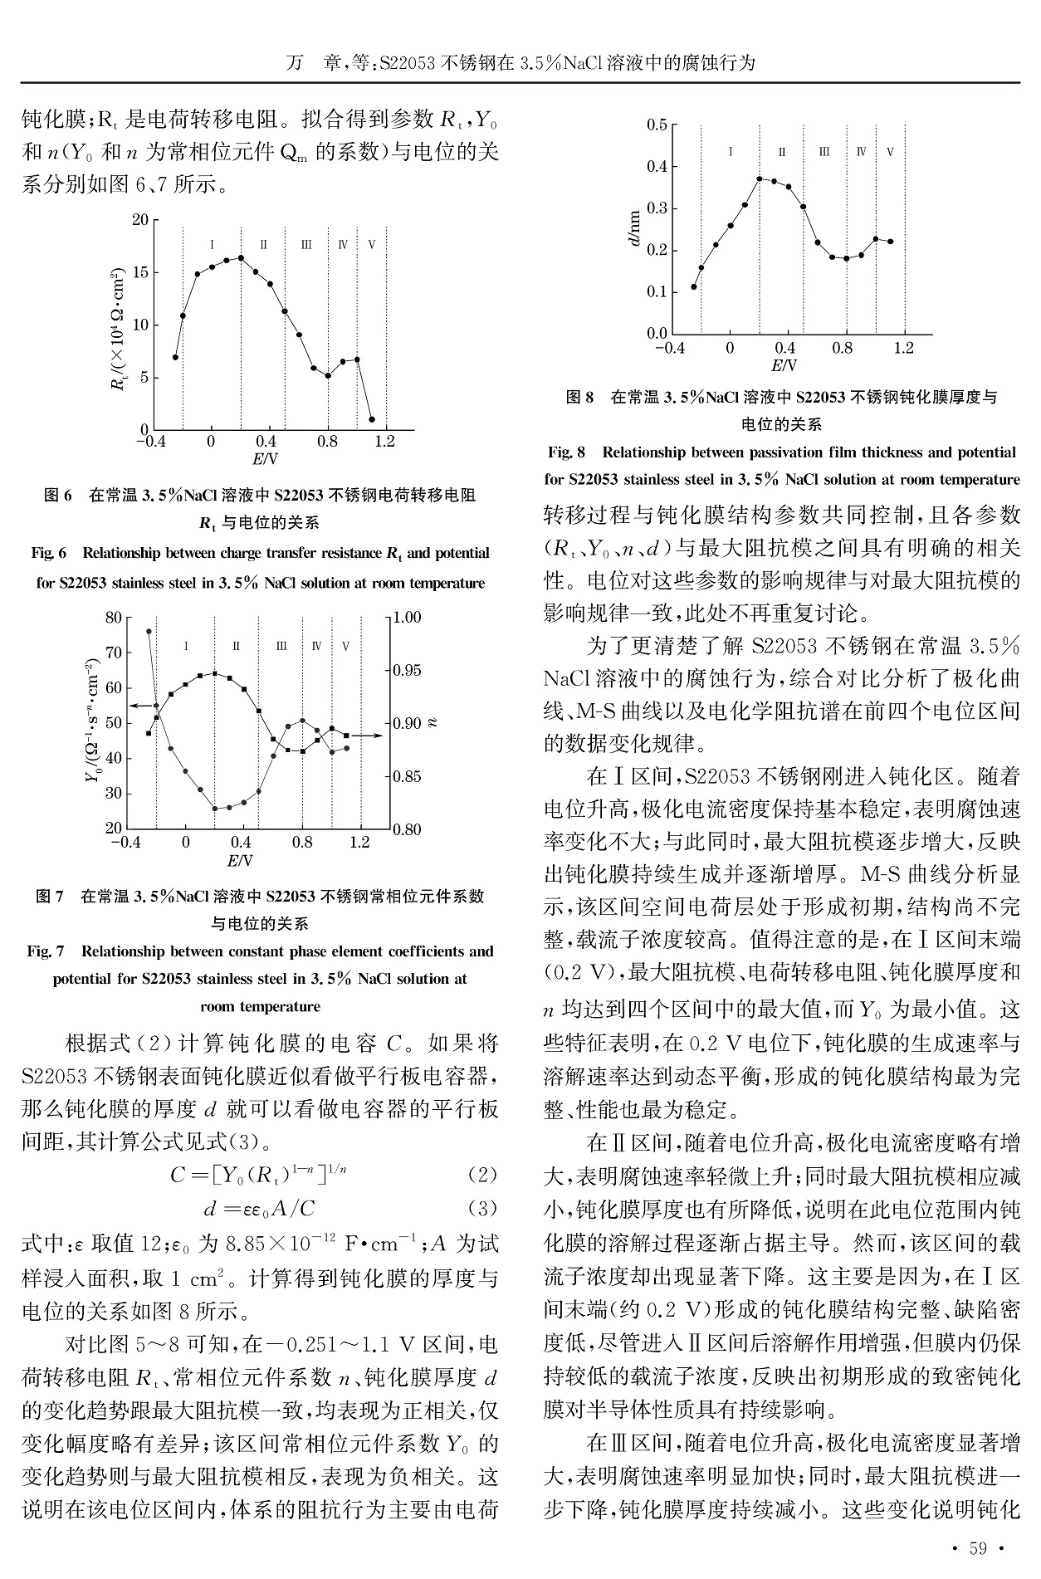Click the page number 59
point(979,1547)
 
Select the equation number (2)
point(481,1175)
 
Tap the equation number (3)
point(481,1208)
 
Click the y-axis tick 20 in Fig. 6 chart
point(139,220)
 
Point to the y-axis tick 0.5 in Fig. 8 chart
point(657,125)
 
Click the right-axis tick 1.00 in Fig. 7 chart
point(407,618)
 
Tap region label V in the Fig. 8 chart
point(890,153)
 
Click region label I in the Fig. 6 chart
point(213,245)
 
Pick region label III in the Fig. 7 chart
point(281,646)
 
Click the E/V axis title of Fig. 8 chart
point(784,366)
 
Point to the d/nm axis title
point(634,228)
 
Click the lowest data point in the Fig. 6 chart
point(372,420)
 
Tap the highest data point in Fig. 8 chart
point(760,178)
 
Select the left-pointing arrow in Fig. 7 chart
point(141,705)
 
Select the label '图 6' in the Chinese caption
point(58,496)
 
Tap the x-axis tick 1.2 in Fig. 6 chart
point(385,442)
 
